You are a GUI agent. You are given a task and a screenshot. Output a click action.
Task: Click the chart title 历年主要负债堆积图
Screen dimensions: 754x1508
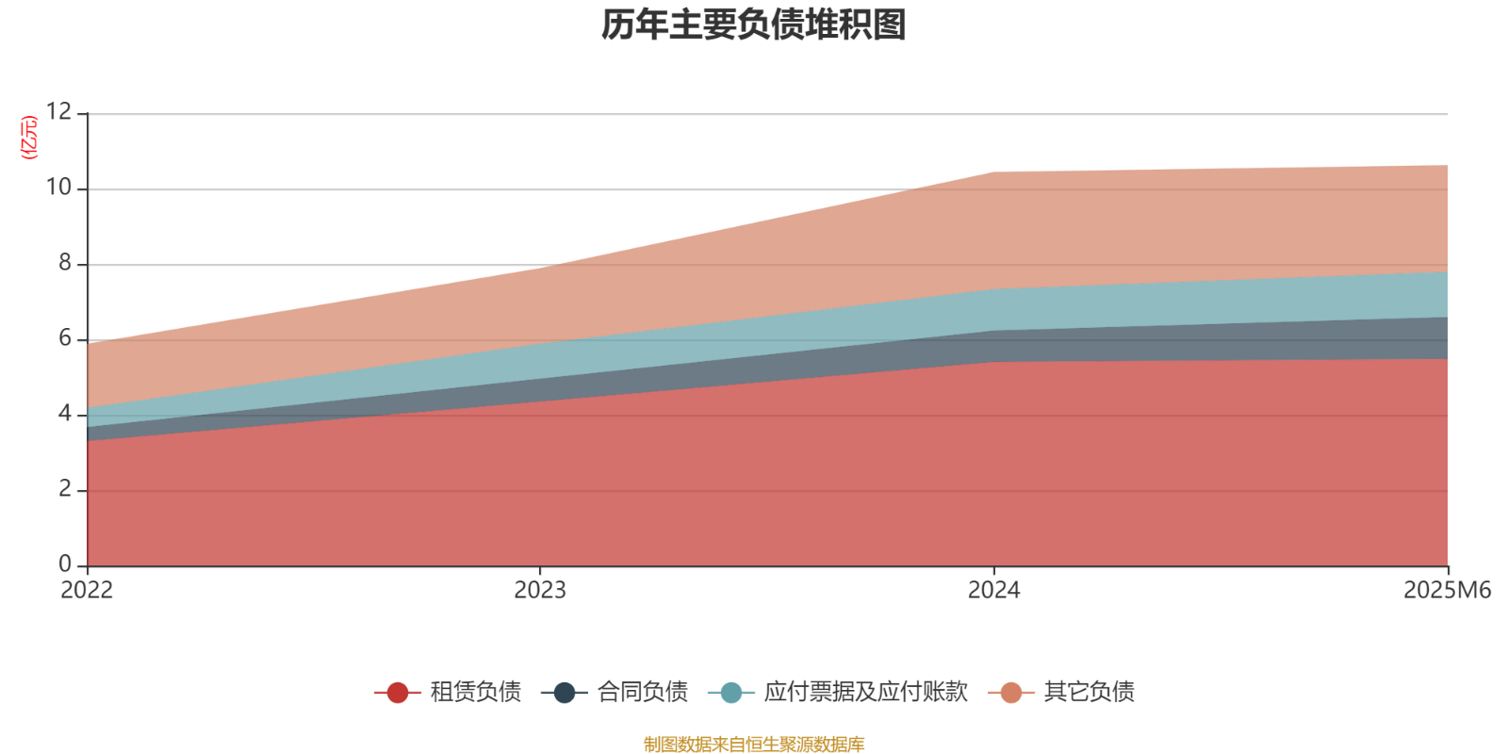pyautogui.click(x=754, y=25)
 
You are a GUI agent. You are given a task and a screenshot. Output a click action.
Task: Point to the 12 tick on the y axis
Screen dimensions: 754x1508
pyautogui.click(x=58, y=112)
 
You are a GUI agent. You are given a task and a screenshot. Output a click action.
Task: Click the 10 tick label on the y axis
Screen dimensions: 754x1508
pyautogui.click(x=58, y=188)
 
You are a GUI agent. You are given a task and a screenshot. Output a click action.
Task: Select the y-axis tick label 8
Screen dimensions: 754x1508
pyautogui.click(x=65, y=263)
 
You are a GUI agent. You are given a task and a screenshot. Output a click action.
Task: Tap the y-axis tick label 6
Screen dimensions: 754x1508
pyautogui.click(x=65, y=338)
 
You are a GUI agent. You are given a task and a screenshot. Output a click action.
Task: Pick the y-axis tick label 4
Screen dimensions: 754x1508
pyautogui.click(x=65, y=414)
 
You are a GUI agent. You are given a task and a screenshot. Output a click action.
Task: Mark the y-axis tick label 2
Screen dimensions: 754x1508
pyautogui.click(x=65, y=489)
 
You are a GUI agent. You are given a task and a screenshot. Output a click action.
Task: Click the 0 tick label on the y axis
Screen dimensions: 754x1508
pyautogui.click(x=65, y=565)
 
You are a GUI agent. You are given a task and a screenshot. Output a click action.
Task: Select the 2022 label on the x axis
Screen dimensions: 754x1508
pyautogui.click(x=87, y=591)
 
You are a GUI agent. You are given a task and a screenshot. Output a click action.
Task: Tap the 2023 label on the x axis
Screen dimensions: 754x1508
pyautogui.click(x=540, y=591)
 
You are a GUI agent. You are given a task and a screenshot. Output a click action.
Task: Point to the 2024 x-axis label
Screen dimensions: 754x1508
pyautogui.click(x=993, y=591)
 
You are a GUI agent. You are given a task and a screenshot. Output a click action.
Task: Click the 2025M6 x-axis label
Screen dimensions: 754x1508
pyautogui.click(x=1447, y=591)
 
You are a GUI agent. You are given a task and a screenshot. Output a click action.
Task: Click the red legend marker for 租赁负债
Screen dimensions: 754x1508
pyautogui.click(x=398, y=693)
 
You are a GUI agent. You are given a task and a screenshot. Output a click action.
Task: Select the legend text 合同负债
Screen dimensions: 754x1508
pyautogui.click(x=642, y=693)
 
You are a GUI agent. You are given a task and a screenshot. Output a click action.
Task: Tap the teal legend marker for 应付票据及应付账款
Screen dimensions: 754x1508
pyautogui.click(x=730, y=693)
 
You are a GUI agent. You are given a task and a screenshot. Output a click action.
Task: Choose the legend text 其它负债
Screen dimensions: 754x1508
pyautogui.click(x=1089, y=693)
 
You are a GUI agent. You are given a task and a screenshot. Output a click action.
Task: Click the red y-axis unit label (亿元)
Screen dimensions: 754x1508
pyautogui.click(x=29, y=138)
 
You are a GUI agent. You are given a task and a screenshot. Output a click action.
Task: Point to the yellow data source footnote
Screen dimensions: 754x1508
pyautogui.click(x=754, y=745)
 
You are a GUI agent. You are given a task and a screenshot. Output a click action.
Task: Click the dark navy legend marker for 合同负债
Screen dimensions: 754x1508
pyautogui.click(x=565, y=693)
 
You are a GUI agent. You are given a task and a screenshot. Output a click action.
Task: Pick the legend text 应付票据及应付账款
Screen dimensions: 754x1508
pyautogui.click(x=865, y=693)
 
